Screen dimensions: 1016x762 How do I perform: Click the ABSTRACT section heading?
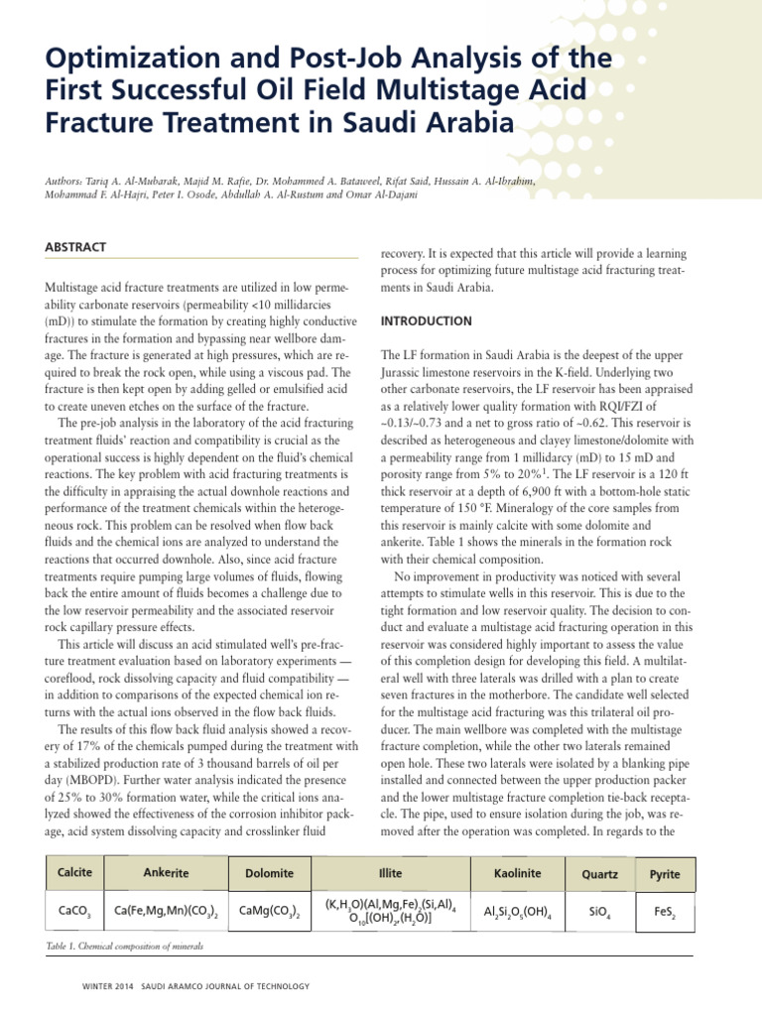75,246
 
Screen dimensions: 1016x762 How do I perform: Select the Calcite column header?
75,872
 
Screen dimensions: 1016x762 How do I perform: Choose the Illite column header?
390,873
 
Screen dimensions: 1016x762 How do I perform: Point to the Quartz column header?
601,874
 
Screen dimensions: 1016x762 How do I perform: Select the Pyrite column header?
665,874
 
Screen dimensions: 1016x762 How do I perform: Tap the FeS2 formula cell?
665,911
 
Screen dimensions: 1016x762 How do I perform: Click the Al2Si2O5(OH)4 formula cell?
516,911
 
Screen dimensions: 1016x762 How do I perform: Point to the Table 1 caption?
124,947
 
